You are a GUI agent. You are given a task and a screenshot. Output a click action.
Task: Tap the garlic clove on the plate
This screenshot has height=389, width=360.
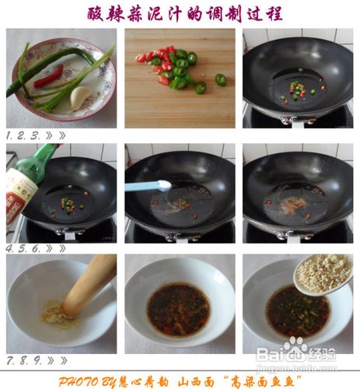point(80,96)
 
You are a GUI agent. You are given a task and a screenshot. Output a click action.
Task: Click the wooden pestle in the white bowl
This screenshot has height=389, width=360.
point(90,285)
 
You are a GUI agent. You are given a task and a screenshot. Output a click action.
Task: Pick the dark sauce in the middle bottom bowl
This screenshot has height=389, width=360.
point(178,309)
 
